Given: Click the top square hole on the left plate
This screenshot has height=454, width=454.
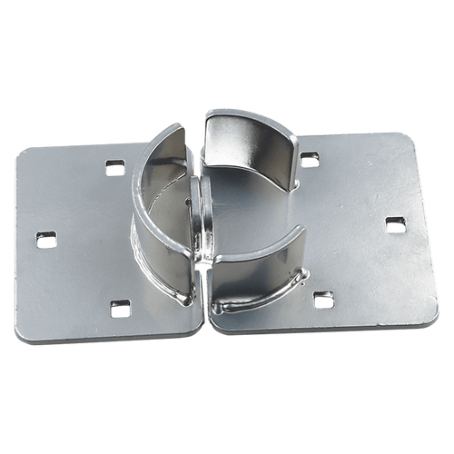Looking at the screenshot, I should tap(114, 166).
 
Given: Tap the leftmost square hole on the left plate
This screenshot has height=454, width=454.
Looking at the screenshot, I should tap(46, 240).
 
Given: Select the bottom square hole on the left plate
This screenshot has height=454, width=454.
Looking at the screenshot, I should tap(116, 309).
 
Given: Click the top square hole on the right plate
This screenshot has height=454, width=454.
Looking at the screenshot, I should tap(310, 160).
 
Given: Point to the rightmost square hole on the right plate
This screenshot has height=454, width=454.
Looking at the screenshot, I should tap(394, 223).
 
